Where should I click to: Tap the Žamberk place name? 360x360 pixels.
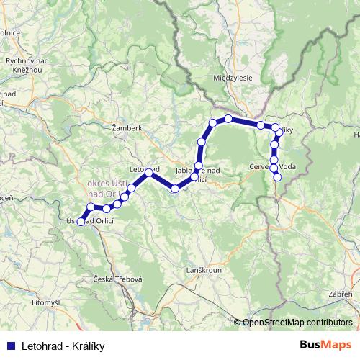127,128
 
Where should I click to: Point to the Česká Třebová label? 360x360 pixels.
118,279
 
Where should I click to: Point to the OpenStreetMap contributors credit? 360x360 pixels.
297,323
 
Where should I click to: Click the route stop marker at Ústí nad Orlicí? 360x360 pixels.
81,221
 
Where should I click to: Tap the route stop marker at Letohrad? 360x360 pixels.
148,173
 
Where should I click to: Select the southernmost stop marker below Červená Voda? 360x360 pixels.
277,177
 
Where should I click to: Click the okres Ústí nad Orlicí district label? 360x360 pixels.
104,189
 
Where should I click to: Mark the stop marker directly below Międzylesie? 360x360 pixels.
228,118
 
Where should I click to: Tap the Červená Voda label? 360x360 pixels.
272,167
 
